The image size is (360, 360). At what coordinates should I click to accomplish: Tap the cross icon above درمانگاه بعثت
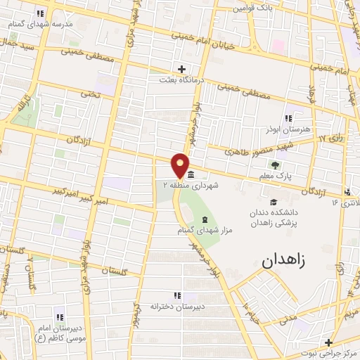182,69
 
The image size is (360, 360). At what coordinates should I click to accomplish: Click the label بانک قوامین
255,8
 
